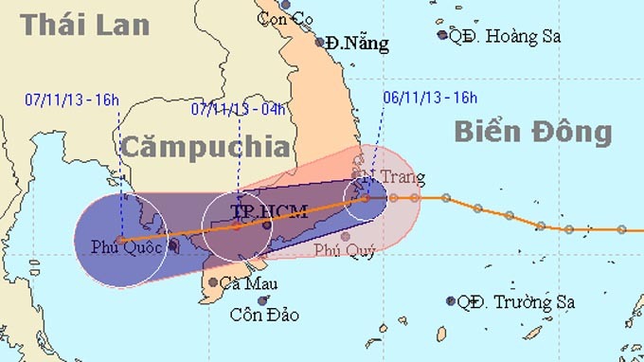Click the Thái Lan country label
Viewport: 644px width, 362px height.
(85, 25)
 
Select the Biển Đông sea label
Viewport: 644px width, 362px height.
(532, 132)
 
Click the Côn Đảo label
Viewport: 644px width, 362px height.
(265, 315)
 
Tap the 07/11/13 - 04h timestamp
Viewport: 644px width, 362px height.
(239, 108)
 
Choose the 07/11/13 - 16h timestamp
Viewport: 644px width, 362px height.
(73, 99)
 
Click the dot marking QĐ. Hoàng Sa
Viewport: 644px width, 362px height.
(442, 36)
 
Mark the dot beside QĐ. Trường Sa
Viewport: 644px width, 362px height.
(450, 301)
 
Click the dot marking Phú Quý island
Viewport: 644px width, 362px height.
(346, 236)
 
